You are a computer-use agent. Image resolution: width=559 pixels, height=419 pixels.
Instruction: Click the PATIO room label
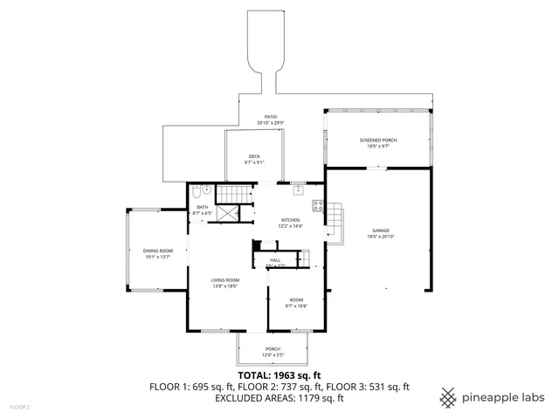(x=272, y=116)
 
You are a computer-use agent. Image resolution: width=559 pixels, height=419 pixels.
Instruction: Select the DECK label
(x=253, y=156)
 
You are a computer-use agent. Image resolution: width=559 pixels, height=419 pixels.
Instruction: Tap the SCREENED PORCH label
(x=377, y=141)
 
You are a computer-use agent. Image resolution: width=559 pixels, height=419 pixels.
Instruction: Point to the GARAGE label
(x=379, y=230)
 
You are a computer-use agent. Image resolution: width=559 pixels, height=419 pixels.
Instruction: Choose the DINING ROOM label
(x=158, y=251)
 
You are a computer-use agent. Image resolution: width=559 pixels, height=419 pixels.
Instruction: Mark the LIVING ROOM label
(x=224, y=280)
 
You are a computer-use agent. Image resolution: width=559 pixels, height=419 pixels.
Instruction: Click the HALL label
(x=274, y=260)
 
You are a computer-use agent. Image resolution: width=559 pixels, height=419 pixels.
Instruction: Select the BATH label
(x=202, y=207)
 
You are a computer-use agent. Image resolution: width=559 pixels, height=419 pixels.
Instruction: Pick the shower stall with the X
(x=228, y=213)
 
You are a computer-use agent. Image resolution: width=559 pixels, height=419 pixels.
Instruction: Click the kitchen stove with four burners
(x=318, y=207)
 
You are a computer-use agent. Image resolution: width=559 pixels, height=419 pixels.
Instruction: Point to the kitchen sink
(x=299, y=189)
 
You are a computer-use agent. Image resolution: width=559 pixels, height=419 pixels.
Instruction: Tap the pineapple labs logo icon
(x=448, y=397)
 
